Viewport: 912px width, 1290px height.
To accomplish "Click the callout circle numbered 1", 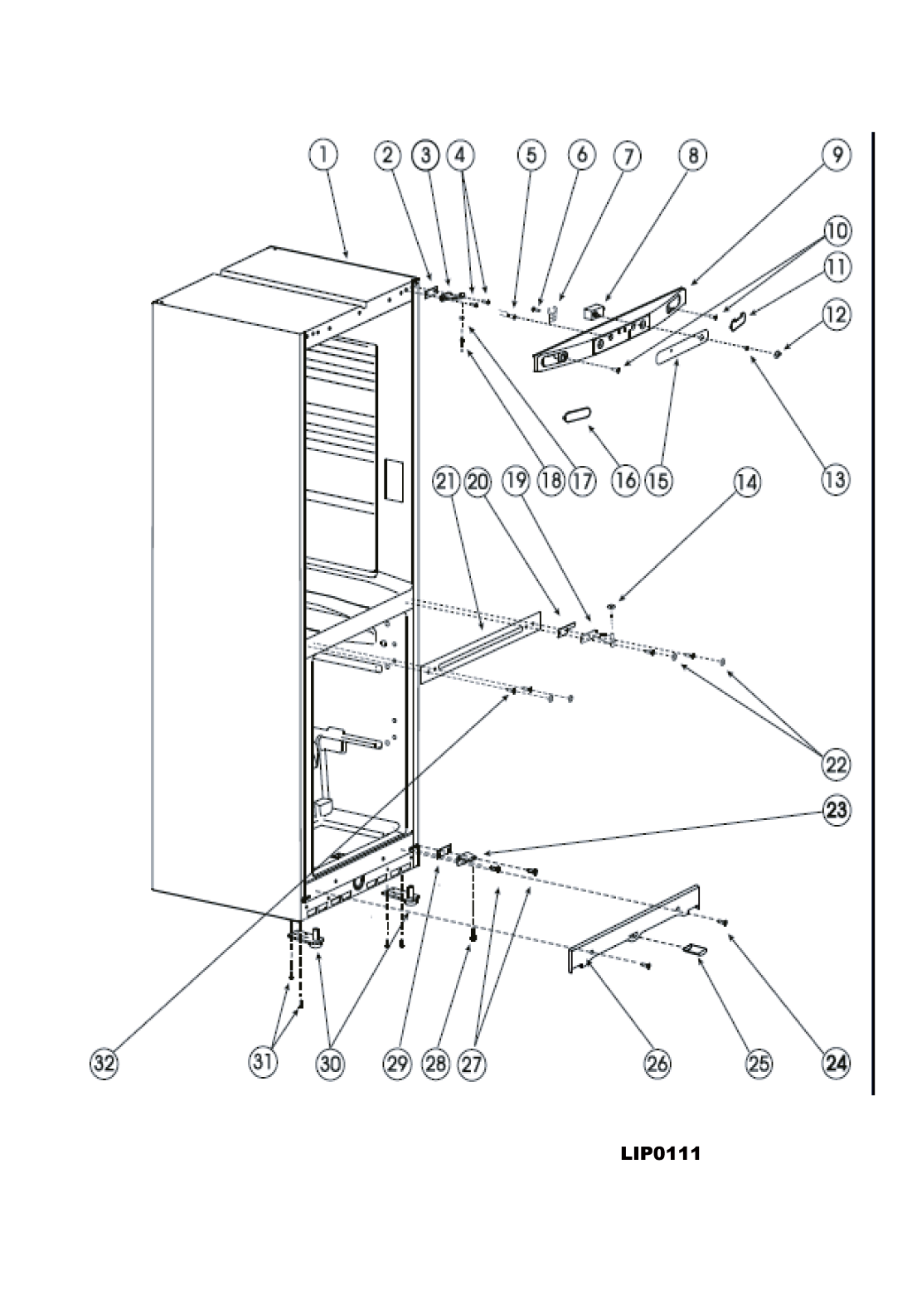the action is [323, 156].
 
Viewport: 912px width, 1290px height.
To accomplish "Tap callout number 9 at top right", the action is [836, 155].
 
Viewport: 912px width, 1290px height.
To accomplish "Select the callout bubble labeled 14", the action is [746, 482].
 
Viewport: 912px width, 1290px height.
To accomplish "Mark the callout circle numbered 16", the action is [626, 480].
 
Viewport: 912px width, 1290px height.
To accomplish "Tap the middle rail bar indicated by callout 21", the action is [482, 647].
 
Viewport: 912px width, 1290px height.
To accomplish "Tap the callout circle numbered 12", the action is [836, 315].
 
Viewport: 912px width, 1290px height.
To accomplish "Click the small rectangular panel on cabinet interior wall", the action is [394, 479].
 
